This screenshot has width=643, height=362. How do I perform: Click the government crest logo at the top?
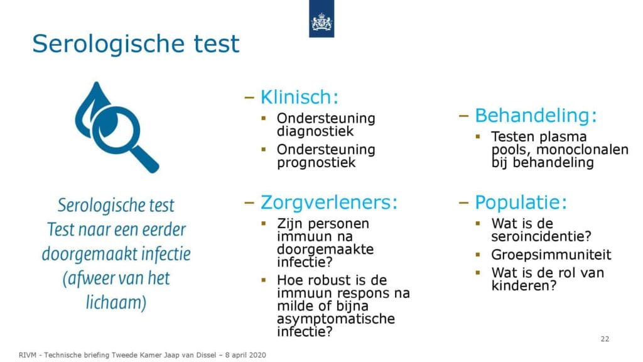pyautogui.click(x=321, y=19)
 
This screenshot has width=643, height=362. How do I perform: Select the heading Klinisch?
pyautogui.click(x=300, y=97)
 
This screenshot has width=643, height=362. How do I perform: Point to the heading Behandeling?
pyautogui.click(x=536, y=116)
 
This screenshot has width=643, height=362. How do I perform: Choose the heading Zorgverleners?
pyautogui.click(x=329, y=202)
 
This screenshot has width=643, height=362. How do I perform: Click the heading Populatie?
pyautogui.click(x=521, y=202)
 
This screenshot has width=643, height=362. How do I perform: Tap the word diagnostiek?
pyautogui.click(x=315, y=131)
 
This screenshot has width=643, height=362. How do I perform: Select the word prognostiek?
pyautogui.click(x=316, y=163)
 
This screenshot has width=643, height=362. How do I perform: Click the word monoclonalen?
pyautogui.click(x=582, y=150)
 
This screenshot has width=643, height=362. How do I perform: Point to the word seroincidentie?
pyautogui.click(x=541, y=236)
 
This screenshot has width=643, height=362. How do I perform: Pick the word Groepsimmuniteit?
pyautogui.click(x=551, y=255)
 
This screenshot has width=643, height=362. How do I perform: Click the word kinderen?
pyautogui.click(x=524, y=286)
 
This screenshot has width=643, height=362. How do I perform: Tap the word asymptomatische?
pyautogui.click(x=336, y=319)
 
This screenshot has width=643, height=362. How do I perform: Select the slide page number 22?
pyautogui.click(x=605, y=339)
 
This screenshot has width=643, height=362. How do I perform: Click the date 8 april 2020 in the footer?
pyautogui.click(x=246, y=355)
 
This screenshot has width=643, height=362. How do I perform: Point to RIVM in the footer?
pyautogui.click(x=27, y=355)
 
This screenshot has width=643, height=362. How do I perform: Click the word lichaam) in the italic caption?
pyautogui.click(x=116, y=303)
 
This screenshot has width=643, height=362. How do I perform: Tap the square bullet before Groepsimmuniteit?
pyautogui.click(x=478, y=255)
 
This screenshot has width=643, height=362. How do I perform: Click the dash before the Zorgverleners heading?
pyautogui.click(x=249, y=202)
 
